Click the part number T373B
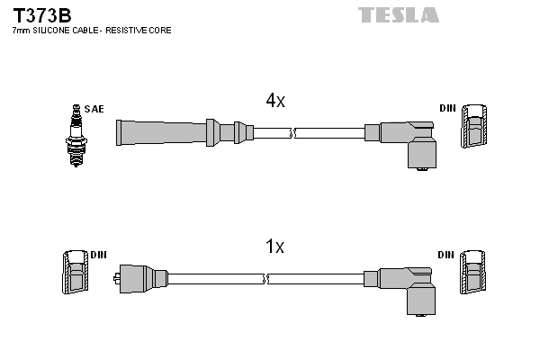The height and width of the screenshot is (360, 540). point(40,15)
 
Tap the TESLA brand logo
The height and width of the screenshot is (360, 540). point(399,14)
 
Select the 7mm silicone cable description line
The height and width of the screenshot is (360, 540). point(91,31)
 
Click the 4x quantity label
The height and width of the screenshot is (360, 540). point(275,102)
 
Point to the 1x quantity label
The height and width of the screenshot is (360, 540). point(275,246)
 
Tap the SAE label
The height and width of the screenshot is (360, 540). point(95,109)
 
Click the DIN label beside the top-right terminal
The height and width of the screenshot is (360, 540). point(447,109)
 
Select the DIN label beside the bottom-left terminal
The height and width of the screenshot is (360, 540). point(98,255)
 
